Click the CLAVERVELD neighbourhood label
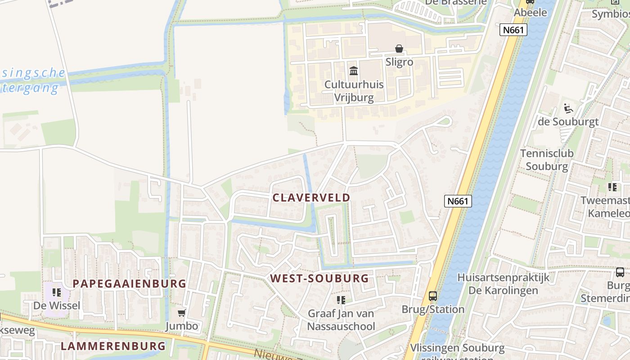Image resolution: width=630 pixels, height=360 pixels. [311, 198]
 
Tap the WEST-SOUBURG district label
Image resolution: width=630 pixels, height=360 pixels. [319, 278]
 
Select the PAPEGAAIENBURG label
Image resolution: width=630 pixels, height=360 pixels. [129, 283]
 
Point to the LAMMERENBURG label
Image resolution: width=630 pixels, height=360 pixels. [113, 346]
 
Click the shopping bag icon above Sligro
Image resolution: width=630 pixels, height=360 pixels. [399, 49]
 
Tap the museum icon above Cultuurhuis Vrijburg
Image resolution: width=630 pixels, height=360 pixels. [354, 71]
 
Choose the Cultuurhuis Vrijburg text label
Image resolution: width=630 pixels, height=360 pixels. [354, 91]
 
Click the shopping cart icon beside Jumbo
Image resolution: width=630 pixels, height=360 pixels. [182, 313]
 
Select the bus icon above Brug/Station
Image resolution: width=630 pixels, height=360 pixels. [432, 296]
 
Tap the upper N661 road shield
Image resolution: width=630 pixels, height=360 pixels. [513, 30]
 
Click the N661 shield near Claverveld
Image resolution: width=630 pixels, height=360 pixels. [458, 201]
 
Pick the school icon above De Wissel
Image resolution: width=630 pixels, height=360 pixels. [56, 292]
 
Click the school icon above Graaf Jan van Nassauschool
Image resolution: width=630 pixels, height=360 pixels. [341, 300]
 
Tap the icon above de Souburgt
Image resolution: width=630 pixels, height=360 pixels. [568, 108]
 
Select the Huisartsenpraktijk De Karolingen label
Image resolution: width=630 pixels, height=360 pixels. [503, 283]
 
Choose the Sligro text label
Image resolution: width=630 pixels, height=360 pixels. [399, 62]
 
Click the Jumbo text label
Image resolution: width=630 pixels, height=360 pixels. [181, 326]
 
